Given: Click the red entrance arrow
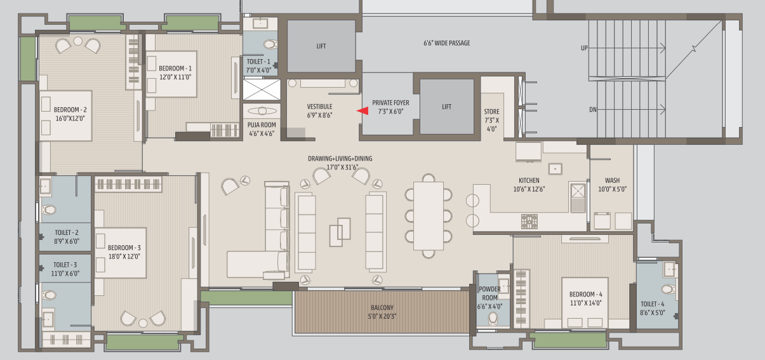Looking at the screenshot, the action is coord(363,110).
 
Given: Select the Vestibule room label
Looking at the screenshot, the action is coord(319,107).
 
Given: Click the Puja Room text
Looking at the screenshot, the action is coord(262,125).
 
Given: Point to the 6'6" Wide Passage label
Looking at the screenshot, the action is coord(447,43).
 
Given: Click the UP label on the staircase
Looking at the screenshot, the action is coord(584,48).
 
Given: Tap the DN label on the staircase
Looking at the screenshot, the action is coord(593,110).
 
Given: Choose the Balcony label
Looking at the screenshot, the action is coord(382,307).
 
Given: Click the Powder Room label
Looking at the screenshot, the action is coord(489,293).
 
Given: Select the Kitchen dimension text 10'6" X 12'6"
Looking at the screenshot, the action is coord(529,189).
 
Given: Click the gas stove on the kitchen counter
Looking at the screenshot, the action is coord(529,222).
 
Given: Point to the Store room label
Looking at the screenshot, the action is coord(491,112).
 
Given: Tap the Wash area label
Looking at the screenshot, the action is coord(613,180).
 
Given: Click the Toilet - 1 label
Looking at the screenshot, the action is coord(258,62).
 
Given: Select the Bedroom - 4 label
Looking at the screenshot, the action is coord(586,294).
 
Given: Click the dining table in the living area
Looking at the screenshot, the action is coord(429,216).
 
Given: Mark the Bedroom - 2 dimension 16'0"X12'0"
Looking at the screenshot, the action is coord(70,119).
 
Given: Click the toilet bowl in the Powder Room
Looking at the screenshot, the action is coord(493,319).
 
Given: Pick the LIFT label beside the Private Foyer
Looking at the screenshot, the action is coord(447,107).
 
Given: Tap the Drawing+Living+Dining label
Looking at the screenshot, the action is coord(340,159).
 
